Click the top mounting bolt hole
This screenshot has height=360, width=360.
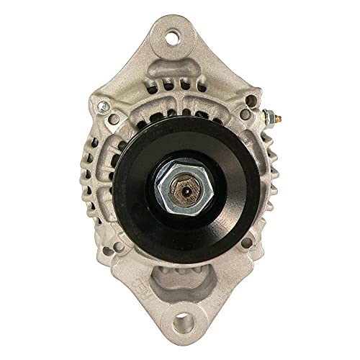(174, 33)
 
